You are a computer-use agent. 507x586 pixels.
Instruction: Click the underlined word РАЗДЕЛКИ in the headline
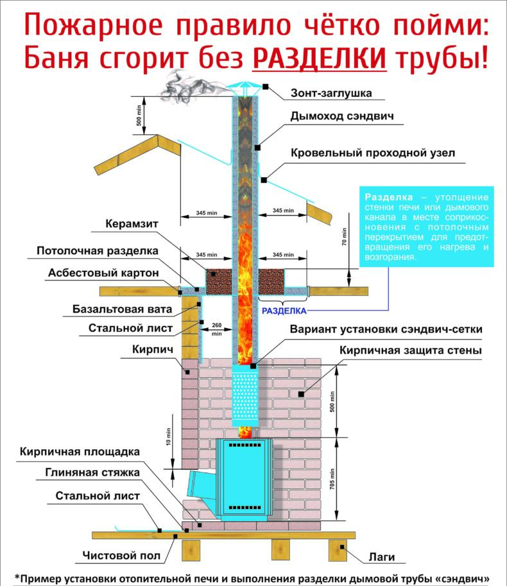pyautogui.click(x=320, y=59)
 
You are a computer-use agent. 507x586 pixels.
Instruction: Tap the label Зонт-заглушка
pyautogui.click(x=331, y=93)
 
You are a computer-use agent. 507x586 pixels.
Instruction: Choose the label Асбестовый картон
pyautogui.click(x=103, y=273)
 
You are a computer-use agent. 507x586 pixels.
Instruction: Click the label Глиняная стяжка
pyautogui.click(x=92, y=473)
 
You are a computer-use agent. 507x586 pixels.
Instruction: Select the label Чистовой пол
pyautogui.click(x=121, y=555)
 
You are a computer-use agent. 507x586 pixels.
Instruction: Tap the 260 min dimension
pyautogui.click(x=216, y=329)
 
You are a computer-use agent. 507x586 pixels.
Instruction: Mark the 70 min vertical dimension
pyautogui.click(x=344, y=237)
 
